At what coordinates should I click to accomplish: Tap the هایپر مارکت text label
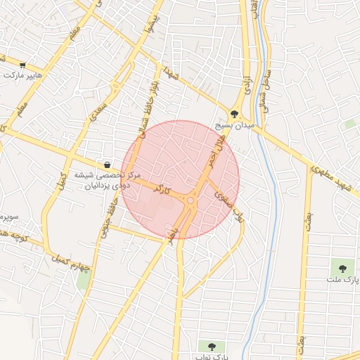click(x=38, y=75)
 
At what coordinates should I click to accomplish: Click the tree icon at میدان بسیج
click(x=235, y=112)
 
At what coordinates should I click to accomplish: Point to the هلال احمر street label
click(x=212, y=150)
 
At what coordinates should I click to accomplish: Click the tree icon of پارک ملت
click(x=342, y=267)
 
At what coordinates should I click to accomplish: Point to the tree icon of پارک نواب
click(x=211, y=345)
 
